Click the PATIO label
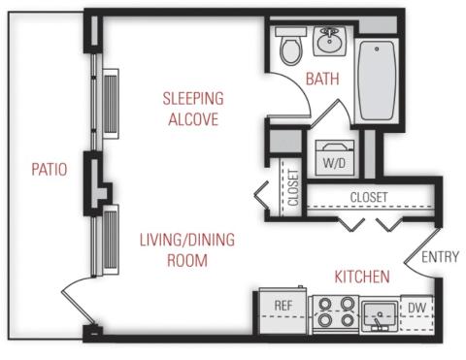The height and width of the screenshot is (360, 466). point(50,170)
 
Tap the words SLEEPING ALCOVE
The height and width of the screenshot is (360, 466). point(193,109)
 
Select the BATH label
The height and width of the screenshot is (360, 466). point(322,80)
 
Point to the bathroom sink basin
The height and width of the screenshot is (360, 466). point(329,41)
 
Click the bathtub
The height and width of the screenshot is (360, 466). point(378,81)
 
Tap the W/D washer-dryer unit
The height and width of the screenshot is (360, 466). point(335,158)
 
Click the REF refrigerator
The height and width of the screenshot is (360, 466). point(283,311)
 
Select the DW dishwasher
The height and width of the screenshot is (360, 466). point(416,313)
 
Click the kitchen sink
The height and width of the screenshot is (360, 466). point(380,315)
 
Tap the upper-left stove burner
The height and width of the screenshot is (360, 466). point(325,304)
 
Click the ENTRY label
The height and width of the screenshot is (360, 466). point(441,257)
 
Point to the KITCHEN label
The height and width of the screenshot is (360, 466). point(362,278)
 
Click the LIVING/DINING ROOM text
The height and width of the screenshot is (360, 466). point(187,250)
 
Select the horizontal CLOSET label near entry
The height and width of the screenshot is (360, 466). point(369,197)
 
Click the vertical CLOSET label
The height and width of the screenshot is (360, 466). point(293,187)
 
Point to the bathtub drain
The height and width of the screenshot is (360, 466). point(377,49)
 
